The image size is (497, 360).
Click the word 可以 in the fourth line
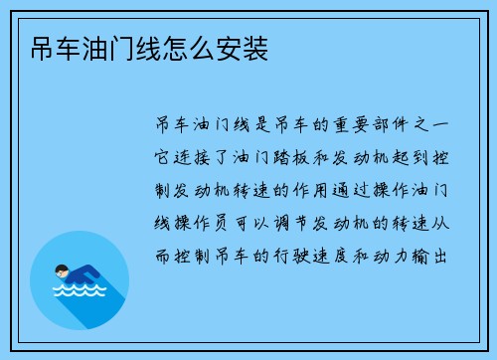(256, 224)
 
